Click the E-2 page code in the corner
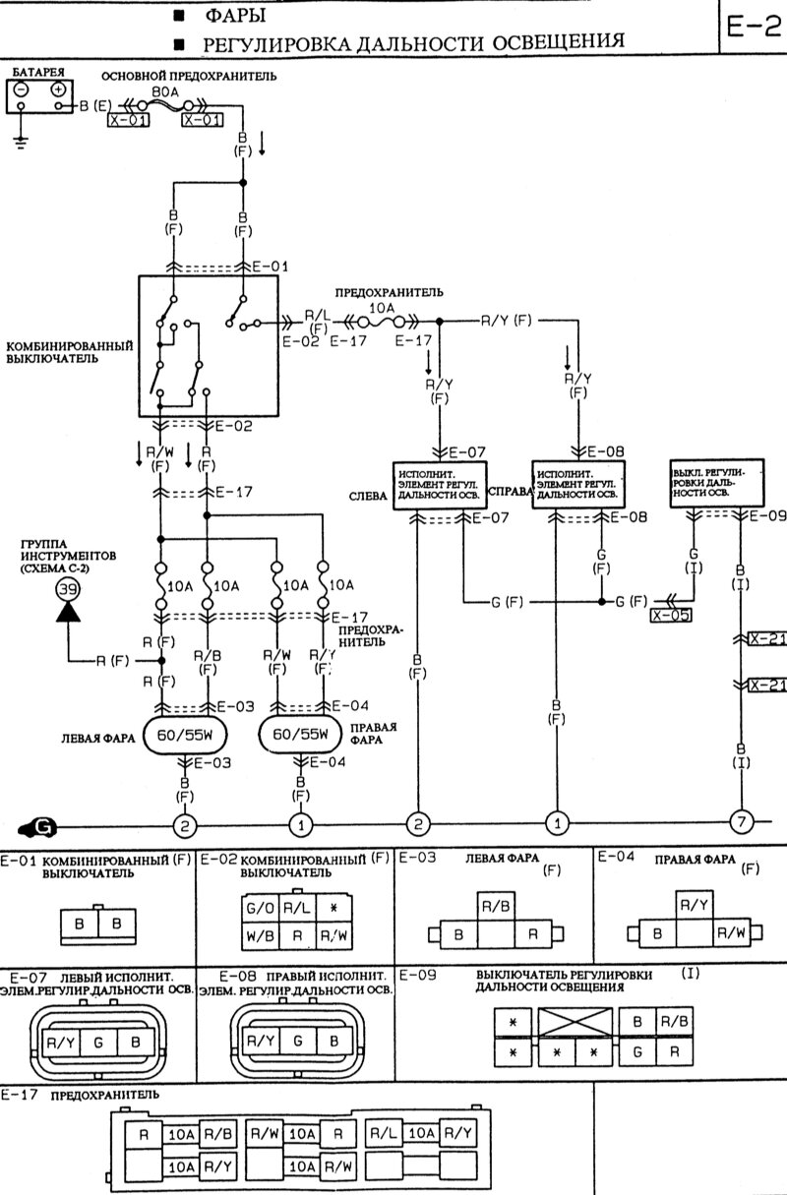pos(753,27)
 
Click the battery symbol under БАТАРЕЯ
pos(40,97)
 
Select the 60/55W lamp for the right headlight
pos(300,735)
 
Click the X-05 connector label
pos(670,616)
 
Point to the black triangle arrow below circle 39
pos(68,613)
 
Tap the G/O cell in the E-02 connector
pos(261,907)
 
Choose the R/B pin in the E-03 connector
pos(494,905)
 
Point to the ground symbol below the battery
pos(23,141)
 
